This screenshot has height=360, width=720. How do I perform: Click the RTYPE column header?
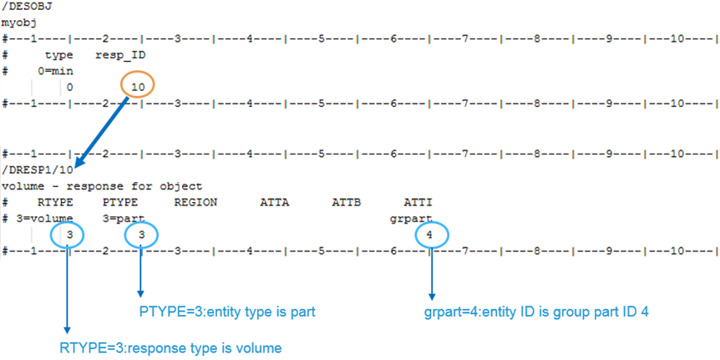[x=55, y=202]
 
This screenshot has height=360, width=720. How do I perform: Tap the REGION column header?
[x=195, y=202]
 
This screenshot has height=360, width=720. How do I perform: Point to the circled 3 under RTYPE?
[x=70, y=236]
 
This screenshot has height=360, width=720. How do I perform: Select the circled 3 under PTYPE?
[x=142, y=236]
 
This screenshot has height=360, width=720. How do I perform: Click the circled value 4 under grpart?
[x=429, y=236]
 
